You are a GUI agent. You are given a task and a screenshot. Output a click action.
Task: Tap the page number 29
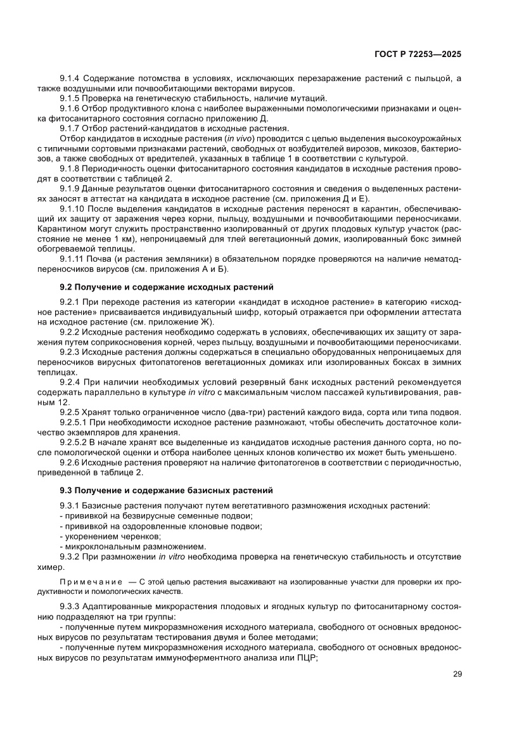pos(457,674)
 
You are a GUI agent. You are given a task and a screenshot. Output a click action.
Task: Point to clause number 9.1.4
pos(70,77)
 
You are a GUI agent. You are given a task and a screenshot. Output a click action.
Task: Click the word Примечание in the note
pos(90,581)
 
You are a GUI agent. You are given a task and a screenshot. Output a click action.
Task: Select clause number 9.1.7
pos(70,128)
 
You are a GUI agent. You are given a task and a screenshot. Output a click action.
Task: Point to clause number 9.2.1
pos(70,303)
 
